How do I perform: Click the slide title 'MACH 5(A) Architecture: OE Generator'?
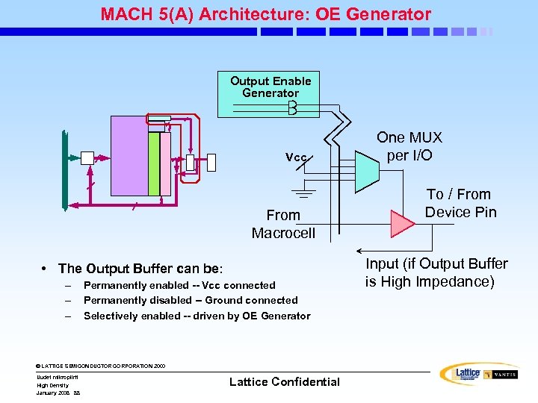[x=266, y=14]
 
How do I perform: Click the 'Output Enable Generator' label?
[x=270, y=87]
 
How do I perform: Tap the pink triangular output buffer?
[x=403, y=222]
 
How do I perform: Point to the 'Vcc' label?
[x=296, y=157]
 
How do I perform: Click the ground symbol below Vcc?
[x=303, y=196]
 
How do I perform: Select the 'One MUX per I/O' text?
[x=409, y=147]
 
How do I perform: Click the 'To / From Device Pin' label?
[x=460, y=203]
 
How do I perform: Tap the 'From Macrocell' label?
[x=283, y=224]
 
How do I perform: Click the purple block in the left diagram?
[x=129, y=157]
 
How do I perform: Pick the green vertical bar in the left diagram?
[x=154, y=163]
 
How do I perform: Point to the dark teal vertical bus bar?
[x=65, y=170]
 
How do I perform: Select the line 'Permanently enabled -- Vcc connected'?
[x=179, y=285]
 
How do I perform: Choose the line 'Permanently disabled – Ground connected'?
[x=191, y=300]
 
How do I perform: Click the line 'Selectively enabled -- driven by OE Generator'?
[x=197, y=316]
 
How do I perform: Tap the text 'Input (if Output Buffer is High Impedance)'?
[x=436, y=272]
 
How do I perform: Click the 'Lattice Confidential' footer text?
[x=284, y=382]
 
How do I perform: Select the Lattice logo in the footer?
[x=460, y=375]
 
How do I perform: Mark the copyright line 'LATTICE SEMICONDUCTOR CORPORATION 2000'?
[x=101, y=366]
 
